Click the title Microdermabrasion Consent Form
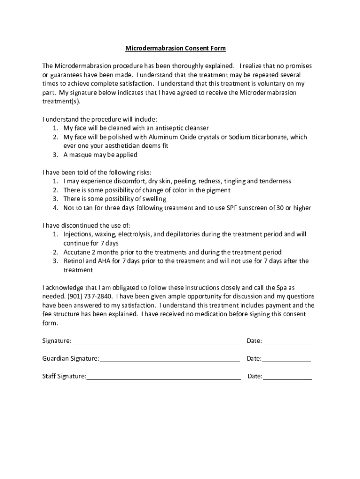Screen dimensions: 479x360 (x=175, y=48)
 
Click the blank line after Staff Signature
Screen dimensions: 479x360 (x=163, y=377)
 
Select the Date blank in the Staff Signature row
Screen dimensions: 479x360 (x=287, y=377)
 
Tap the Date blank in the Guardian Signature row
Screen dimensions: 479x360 (x=287, y=359)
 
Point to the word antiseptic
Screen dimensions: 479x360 (x=171, y=128)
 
